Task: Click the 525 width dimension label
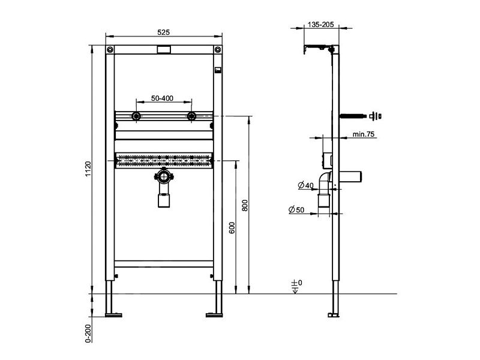click(x=163, y=32)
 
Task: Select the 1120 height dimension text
click(x=88, y=169)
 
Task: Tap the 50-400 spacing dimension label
click(x=162, y=98)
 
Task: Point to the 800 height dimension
click(x=245, y=205)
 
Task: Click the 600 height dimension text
click(x=232, y=228)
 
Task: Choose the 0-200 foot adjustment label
click(x=88, y=333)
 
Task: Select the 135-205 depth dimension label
click(x=321, y=25)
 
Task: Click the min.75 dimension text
click(x=364, y=134)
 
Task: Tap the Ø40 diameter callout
click(x=306, y=185)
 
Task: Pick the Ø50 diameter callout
click(x=296, y=209)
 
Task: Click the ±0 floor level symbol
click(x=296, y=286)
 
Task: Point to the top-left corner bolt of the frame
click(x=110, y=50)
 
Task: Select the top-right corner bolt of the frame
click(x=218, y=50)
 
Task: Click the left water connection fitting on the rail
click(x=136, y=116)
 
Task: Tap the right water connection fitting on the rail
click(x=191, y=116)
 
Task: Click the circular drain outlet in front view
click(x=164, y=177)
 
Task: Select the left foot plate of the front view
click(x=113, y=315)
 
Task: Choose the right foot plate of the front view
click(x=214, y=315)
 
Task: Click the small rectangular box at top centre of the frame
click(x=164, y=50)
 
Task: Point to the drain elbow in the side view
click(x=325, y=181)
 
